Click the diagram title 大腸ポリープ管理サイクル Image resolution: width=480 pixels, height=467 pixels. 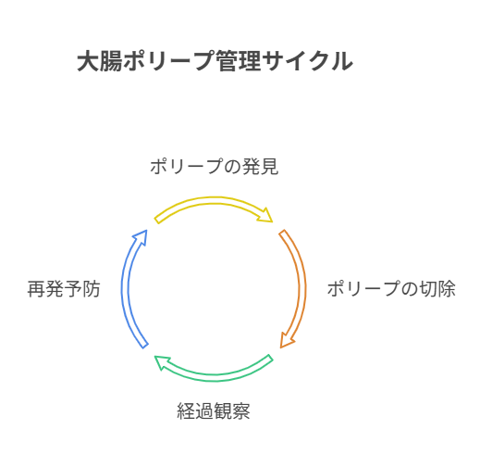pos(215,61)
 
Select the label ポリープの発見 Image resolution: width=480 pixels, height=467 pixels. pos(215,167)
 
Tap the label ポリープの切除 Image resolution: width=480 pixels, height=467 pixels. pos(391,289)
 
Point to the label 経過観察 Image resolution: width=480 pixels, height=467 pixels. pos(214,411)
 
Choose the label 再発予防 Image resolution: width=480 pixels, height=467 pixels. pos(64,289)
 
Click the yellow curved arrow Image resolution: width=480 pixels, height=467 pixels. pos(214,200)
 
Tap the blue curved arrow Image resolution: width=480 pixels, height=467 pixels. pos(125,289)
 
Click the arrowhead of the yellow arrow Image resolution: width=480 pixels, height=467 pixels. pos(265,215)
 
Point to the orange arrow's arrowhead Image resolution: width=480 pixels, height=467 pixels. pos(287,340)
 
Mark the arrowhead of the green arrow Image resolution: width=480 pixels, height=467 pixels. pos(162,362)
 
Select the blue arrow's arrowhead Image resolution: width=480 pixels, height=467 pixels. pos(141,237)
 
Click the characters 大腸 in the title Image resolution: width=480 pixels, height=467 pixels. pos(99,61)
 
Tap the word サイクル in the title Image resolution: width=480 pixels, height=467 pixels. pos(308,61)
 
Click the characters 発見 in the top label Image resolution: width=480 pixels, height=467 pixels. pos(261,167)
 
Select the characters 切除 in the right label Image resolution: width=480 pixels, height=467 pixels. pos(437,289)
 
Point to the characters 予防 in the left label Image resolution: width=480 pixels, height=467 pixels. pos(82,289)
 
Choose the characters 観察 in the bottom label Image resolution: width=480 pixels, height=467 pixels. pos(232,411)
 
